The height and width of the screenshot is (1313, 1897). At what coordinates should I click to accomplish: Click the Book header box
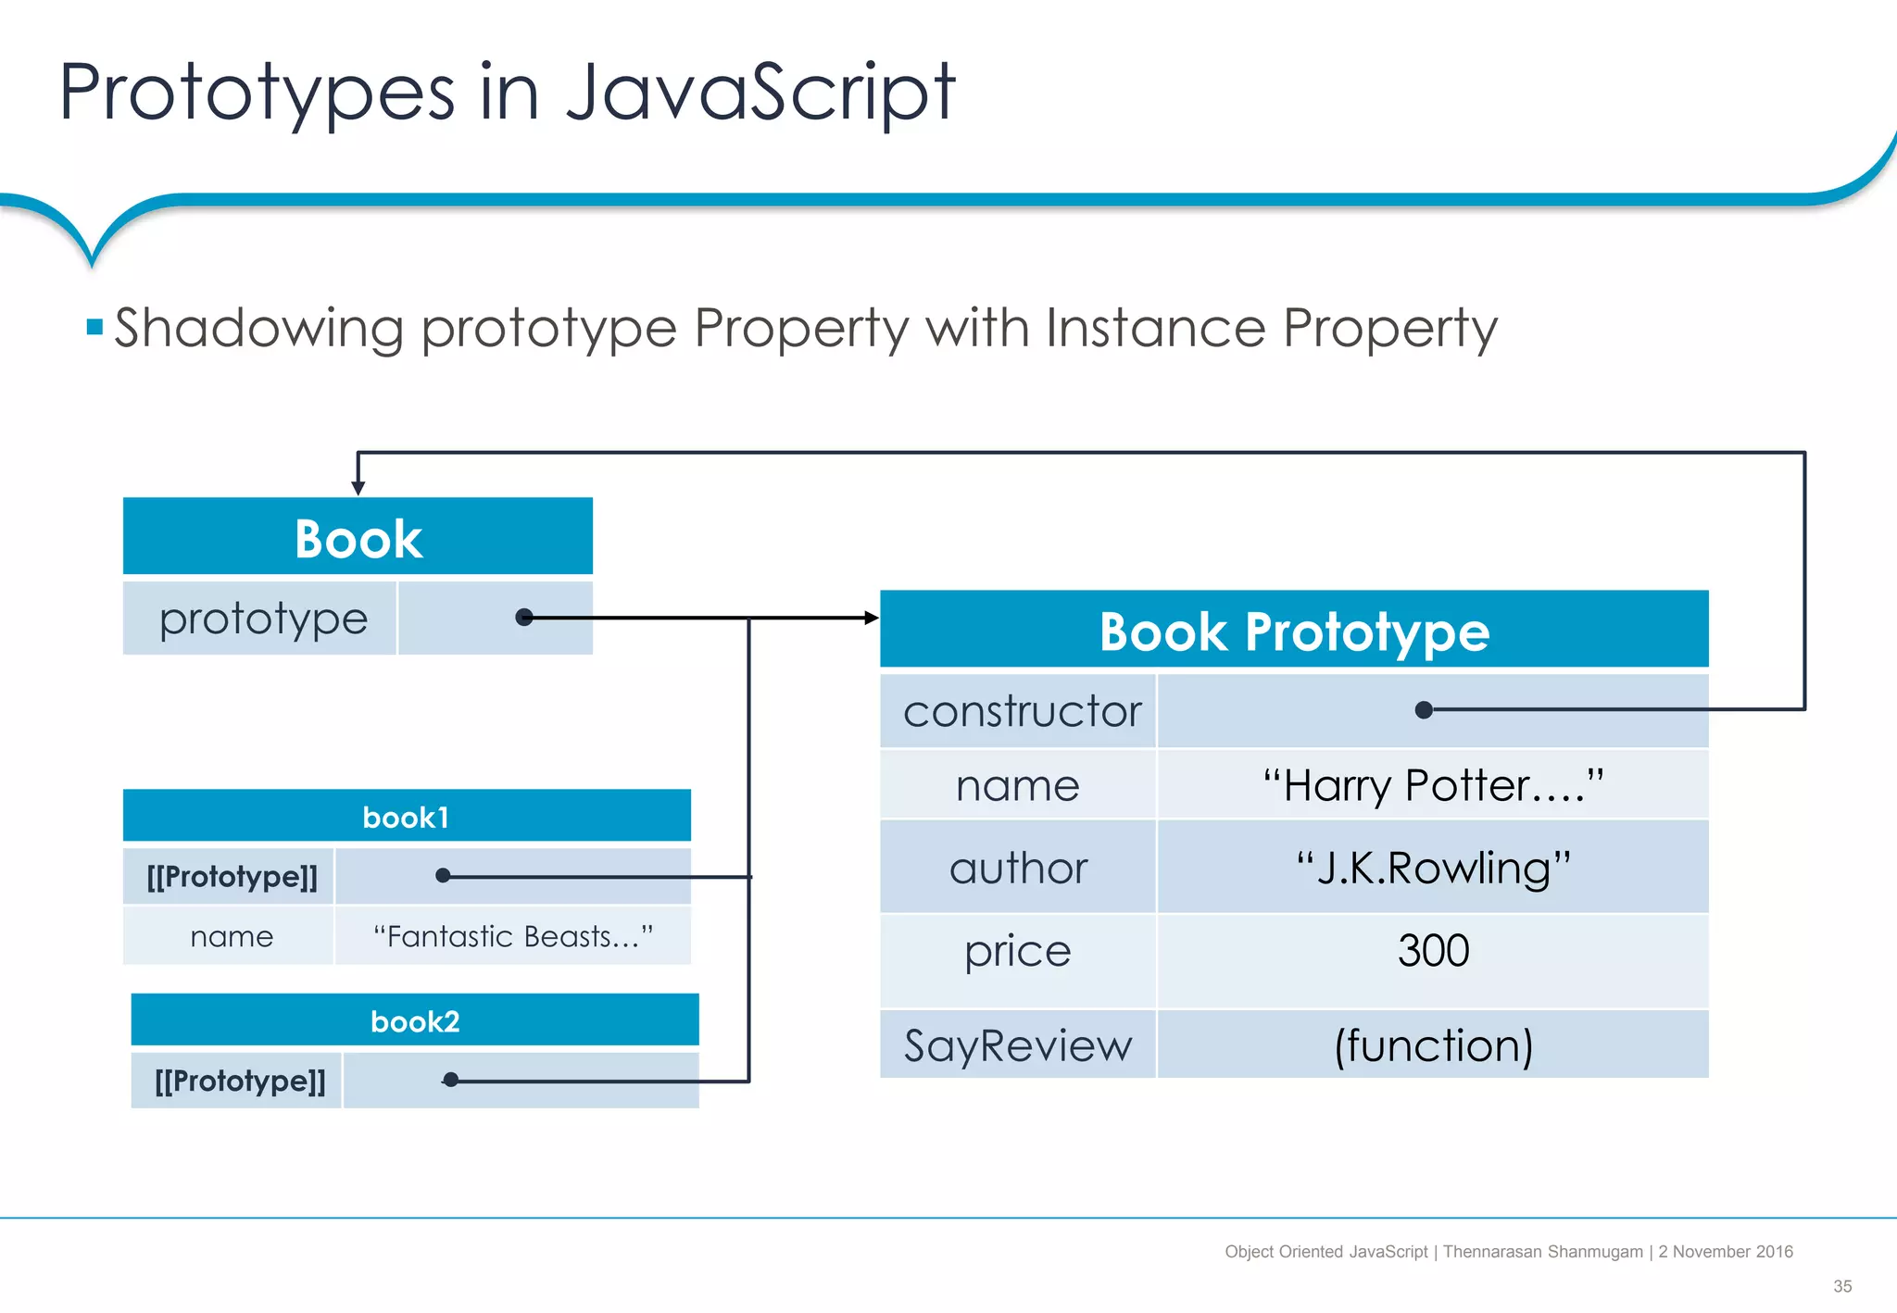[358, 537]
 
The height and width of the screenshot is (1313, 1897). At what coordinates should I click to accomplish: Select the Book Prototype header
[1294, 631]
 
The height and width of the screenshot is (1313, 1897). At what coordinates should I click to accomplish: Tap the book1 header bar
[407, 817]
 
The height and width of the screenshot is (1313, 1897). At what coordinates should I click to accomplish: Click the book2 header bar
[415, 1020]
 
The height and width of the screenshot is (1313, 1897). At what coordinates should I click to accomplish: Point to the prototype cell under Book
[262, 619]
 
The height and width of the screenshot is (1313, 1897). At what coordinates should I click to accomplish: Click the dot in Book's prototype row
[524, 618]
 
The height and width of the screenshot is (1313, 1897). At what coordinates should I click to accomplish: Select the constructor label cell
[1021, 711]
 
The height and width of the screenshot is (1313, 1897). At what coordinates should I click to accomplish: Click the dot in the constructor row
[1425, 710]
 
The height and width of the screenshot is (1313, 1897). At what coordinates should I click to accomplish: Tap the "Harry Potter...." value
[1432, 785]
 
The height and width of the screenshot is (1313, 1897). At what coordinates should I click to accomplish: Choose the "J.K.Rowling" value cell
[1432, 868]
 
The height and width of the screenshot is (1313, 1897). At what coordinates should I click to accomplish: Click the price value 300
[1432, 951]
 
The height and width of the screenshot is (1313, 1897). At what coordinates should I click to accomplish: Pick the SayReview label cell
[1017, 1045]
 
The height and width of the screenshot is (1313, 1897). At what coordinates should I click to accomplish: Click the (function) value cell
[1432, 1045]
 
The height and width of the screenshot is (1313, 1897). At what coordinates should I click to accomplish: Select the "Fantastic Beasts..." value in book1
[512, 936]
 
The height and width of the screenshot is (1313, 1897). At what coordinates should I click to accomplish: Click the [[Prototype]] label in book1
[232, 876]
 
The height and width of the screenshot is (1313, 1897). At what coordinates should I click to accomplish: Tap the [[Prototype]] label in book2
[240, 1081]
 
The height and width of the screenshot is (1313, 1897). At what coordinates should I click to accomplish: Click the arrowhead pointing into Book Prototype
[871, 618]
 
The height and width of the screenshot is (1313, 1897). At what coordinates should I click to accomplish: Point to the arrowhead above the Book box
[358, 488]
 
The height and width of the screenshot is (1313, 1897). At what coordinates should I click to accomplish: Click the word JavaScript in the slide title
[760, 92]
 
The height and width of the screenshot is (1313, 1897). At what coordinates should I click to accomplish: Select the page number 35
[1841, 1286]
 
